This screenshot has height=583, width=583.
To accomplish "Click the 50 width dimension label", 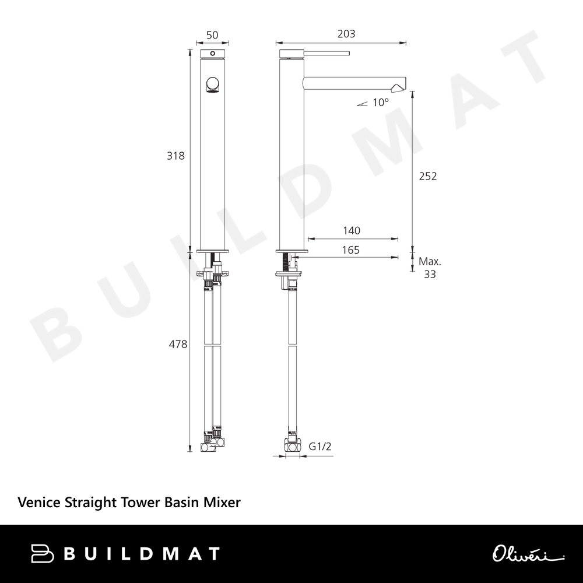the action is [212, 35].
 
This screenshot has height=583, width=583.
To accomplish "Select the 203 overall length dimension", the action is [346, 34].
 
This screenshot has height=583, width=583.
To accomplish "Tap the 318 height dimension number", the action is [175, 156].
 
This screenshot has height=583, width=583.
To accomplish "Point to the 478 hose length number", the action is [178, 345].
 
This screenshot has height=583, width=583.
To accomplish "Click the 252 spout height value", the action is [428, 176].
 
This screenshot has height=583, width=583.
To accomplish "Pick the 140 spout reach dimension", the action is [352, 230].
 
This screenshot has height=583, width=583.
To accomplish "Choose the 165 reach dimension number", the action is [350, 250].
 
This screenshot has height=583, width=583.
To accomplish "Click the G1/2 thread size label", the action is [319, 446].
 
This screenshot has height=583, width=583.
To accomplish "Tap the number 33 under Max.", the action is [430, 275].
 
